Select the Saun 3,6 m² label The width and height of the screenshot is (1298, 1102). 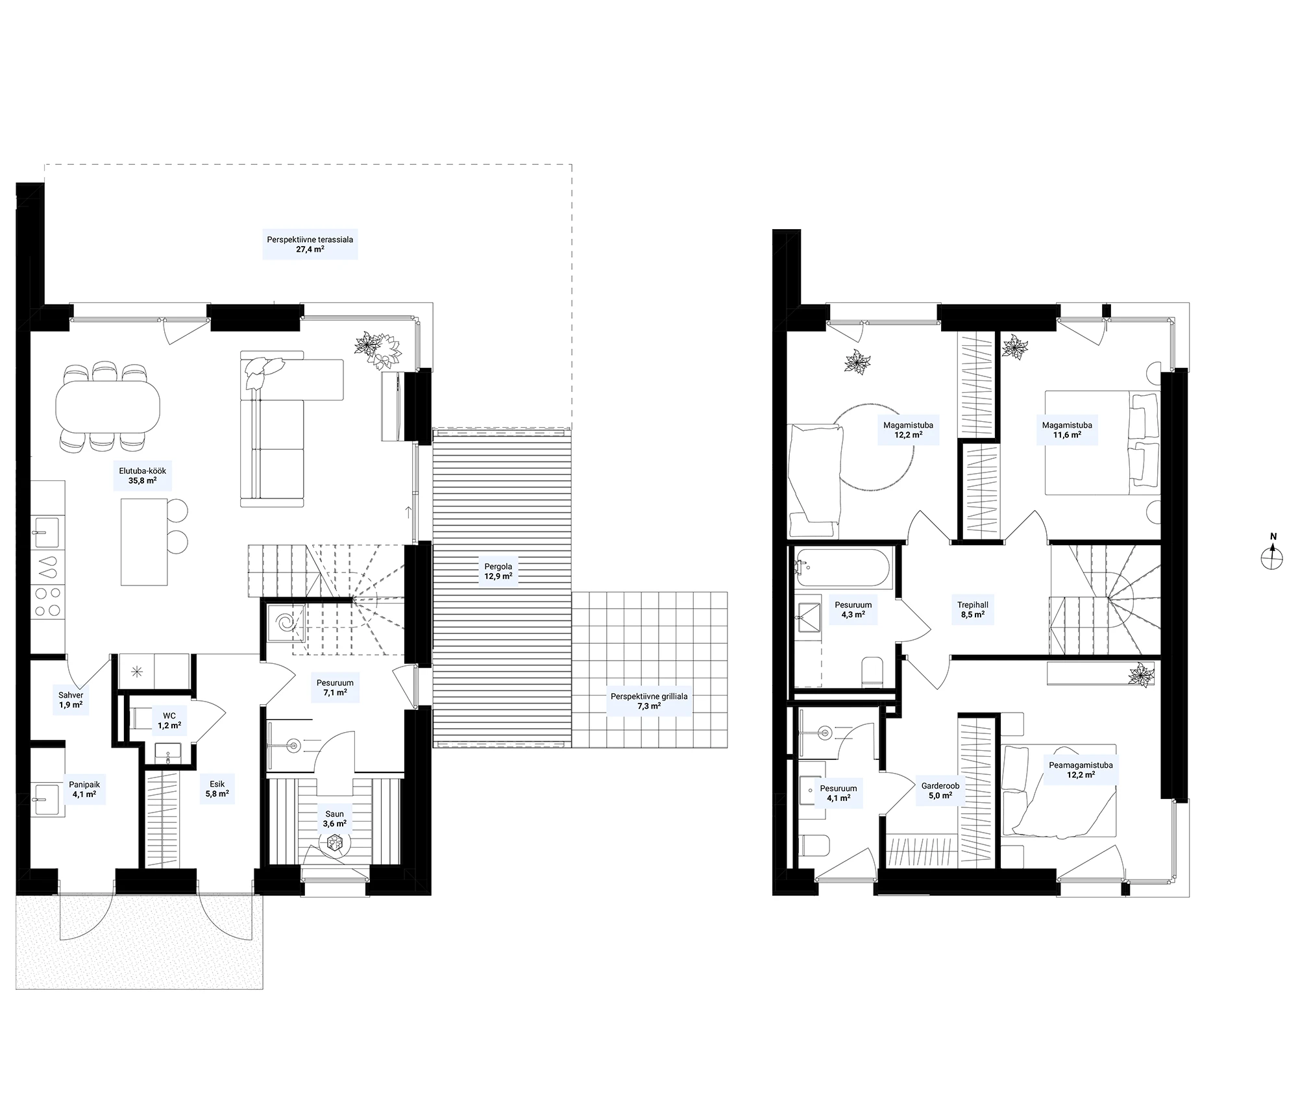point(335,818)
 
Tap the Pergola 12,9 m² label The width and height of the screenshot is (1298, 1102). point(498,571)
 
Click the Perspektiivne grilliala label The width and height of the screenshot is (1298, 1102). point(649,696)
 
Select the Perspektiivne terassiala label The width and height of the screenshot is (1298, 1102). point(310,239)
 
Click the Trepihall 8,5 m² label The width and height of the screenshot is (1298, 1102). point(973,609)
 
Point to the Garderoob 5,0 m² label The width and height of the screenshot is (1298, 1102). point(940,790)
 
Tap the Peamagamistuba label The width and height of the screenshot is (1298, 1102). point(1081,765)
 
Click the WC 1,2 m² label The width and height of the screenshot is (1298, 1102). point(169,721)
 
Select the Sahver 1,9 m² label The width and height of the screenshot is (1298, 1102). point(71,700)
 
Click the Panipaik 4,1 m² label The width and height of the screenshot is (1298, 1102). point(84,789)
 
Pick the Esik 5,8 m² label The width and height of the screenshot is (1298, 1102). point(217,789)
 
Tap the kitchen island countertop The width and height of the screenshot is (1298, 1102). point(144,542)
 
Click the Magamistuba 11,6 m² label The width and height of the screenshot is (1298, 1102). point(1067,430)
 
